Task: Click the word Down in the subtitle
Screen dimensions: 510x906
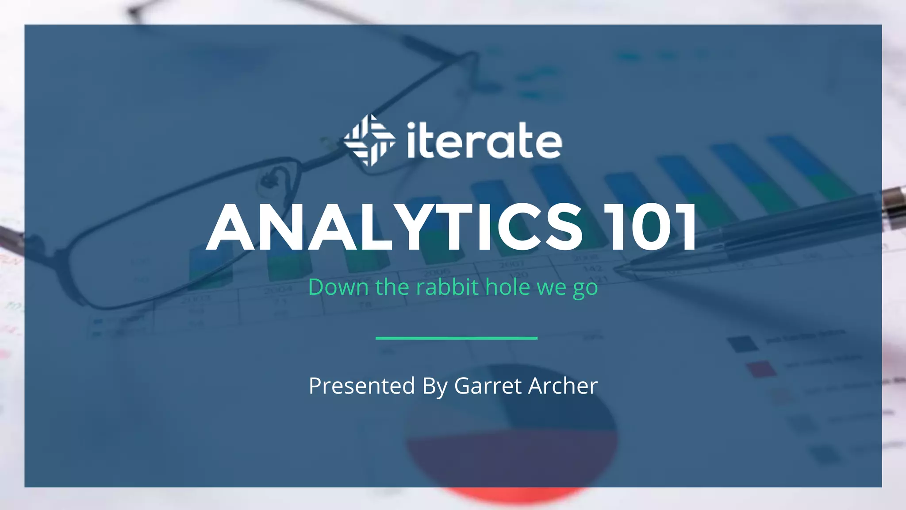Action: point(338,287)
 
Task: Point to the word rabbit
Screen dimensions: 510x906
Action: point(447,287)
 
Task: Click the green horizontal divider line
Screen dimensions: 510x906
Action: point(456,338)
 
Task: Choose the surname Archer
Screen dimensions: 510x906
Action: point(563,386)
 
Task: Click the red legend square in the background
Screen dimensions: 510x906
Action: point(760,369)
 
